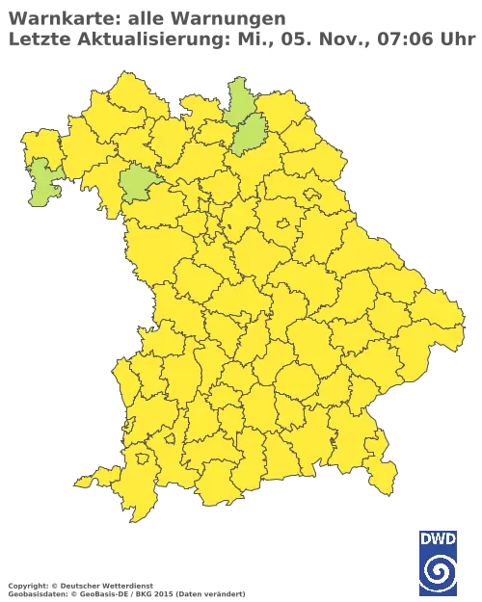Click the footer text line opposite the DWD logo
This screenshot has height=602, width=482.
pyautogui.click(x=125, y=587)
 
